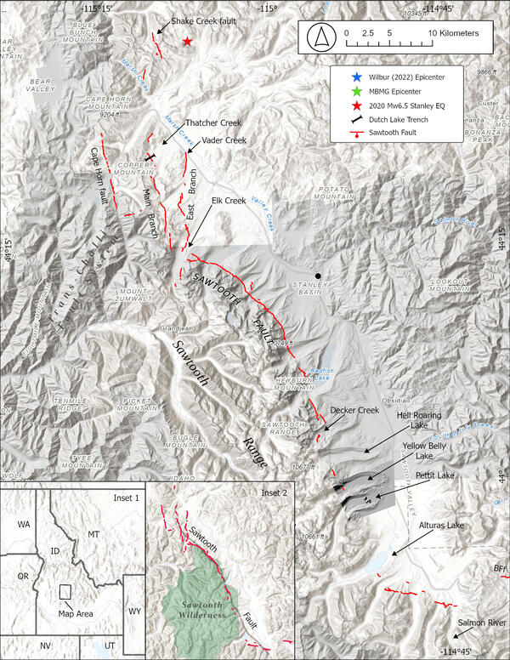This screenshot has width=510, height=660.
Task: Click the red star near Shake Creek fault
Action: point(187,42)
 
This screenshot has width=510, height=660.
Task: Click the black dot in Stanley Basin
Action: point(318,276)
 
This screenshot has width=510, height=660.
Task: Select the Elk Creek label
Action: point(229,201)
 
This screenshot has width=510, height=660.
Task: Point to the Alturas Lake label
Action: point(439,527)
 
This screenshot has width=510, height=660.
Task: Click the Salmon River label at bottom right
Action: point(482,623)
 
